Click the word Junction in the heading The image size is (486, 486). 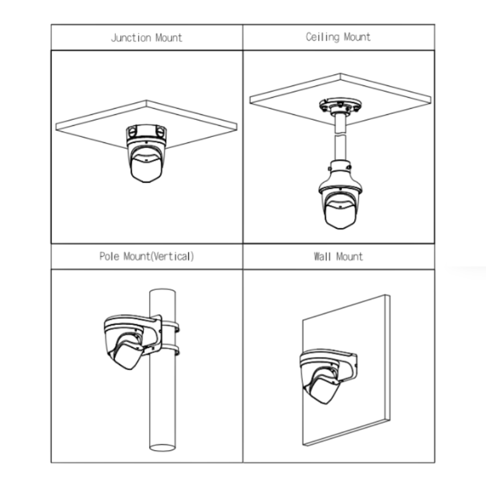pyautogui.click(x=131, y=38)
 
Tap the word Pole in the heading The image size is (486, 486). pyautogui.click(x=109, y=256)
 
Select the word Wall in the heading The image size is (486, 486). pyautogui.click(x=322, y=256)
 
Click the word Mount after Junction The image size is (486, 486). pyautogui.click(x=168, y=38)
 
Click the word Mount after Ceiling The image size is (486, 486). pyautogui.click(x=357, y=37)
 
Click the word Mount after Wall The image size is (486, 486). pyautogui.click(x=349, y=256)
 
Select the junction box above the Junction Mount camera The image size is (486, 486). pyautogui.click(x=146, y=133)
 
